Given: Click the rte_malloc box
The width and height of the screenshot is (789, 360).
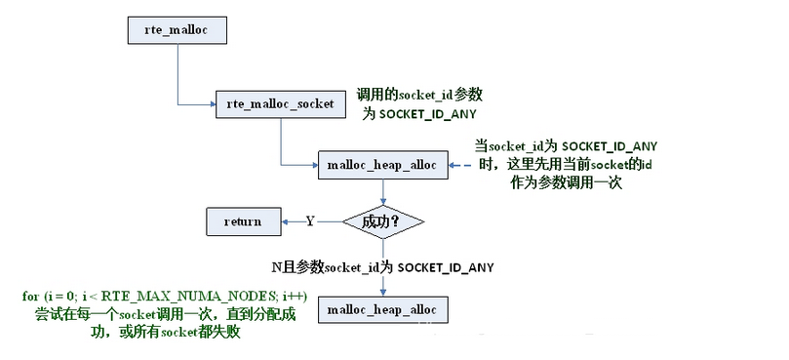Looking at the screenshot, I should pos(177,30).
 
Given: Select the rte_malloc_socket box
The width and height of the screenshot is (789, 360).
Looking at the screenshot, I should pos(279,102).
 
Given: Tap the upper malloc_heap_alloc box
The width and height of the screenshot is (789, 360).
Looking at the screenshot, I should pos(381,166).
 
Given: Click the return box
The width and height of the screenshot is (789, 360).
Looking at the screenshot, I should pos(242,221).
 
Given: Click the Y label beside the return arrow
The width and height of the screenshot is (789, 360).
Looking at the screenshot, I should pos(310,221).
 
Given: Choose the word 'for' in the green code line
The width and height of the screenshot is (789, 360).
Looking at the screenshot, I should pos(30,296).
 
